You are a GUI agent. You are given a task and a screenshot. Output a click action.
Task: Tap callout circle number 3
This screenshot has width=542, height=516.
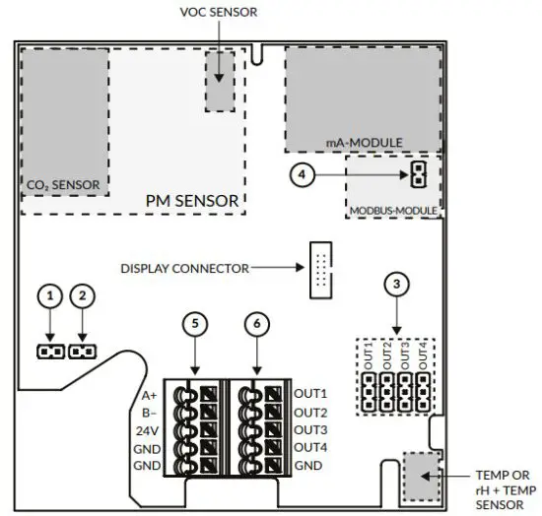[396, 285]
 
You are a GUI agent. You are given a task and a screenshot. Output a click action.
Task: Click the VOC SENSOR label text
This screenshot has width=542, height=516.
[219, 14]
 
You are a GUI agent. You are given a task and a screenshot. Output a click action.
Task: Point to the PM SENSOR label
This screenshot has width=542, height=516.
[192, 201]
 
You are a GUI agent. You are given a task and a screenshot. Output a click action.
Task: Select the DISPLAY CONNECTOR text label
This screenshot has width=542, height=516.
[184, 267]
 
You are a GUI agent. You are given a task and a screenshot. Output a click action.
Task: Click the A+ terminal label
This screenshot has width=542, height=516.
[149, 396]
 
